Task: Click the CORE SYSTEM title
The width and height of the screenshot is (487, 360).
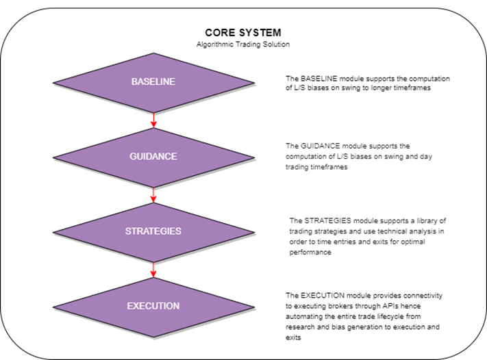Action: (x=243, y=33)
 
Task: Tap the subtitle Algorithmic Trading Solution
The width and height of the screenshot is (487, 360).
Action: (x=243, y=44)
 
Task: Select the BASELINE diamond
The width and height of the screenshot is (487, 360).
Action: (x=153, y=83)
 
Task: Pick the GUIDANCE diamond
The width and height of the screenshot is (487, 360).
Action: (x=153, y=157)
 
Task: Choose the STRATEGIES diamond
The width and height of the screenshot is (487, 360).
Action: (x=153, y=233)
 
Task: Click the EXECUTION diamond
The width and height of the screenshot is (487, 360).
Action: (x=153, y=307)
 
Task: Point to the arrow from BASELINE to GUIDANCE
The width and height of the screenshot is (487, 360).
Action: (x=153, y=120)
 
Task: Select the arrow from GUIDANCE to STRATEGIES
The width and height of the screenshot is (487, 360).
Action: (x=153, y=195)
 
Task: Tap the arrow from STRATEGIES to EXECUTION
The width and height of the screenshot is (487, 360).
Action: (x=153, y=270)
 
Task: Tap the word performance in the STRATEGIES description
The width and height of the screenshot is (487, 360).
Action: (x=310, y=253)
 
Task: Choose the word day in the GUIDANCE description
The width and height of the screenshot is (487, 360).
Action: (x=426, y=157)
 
